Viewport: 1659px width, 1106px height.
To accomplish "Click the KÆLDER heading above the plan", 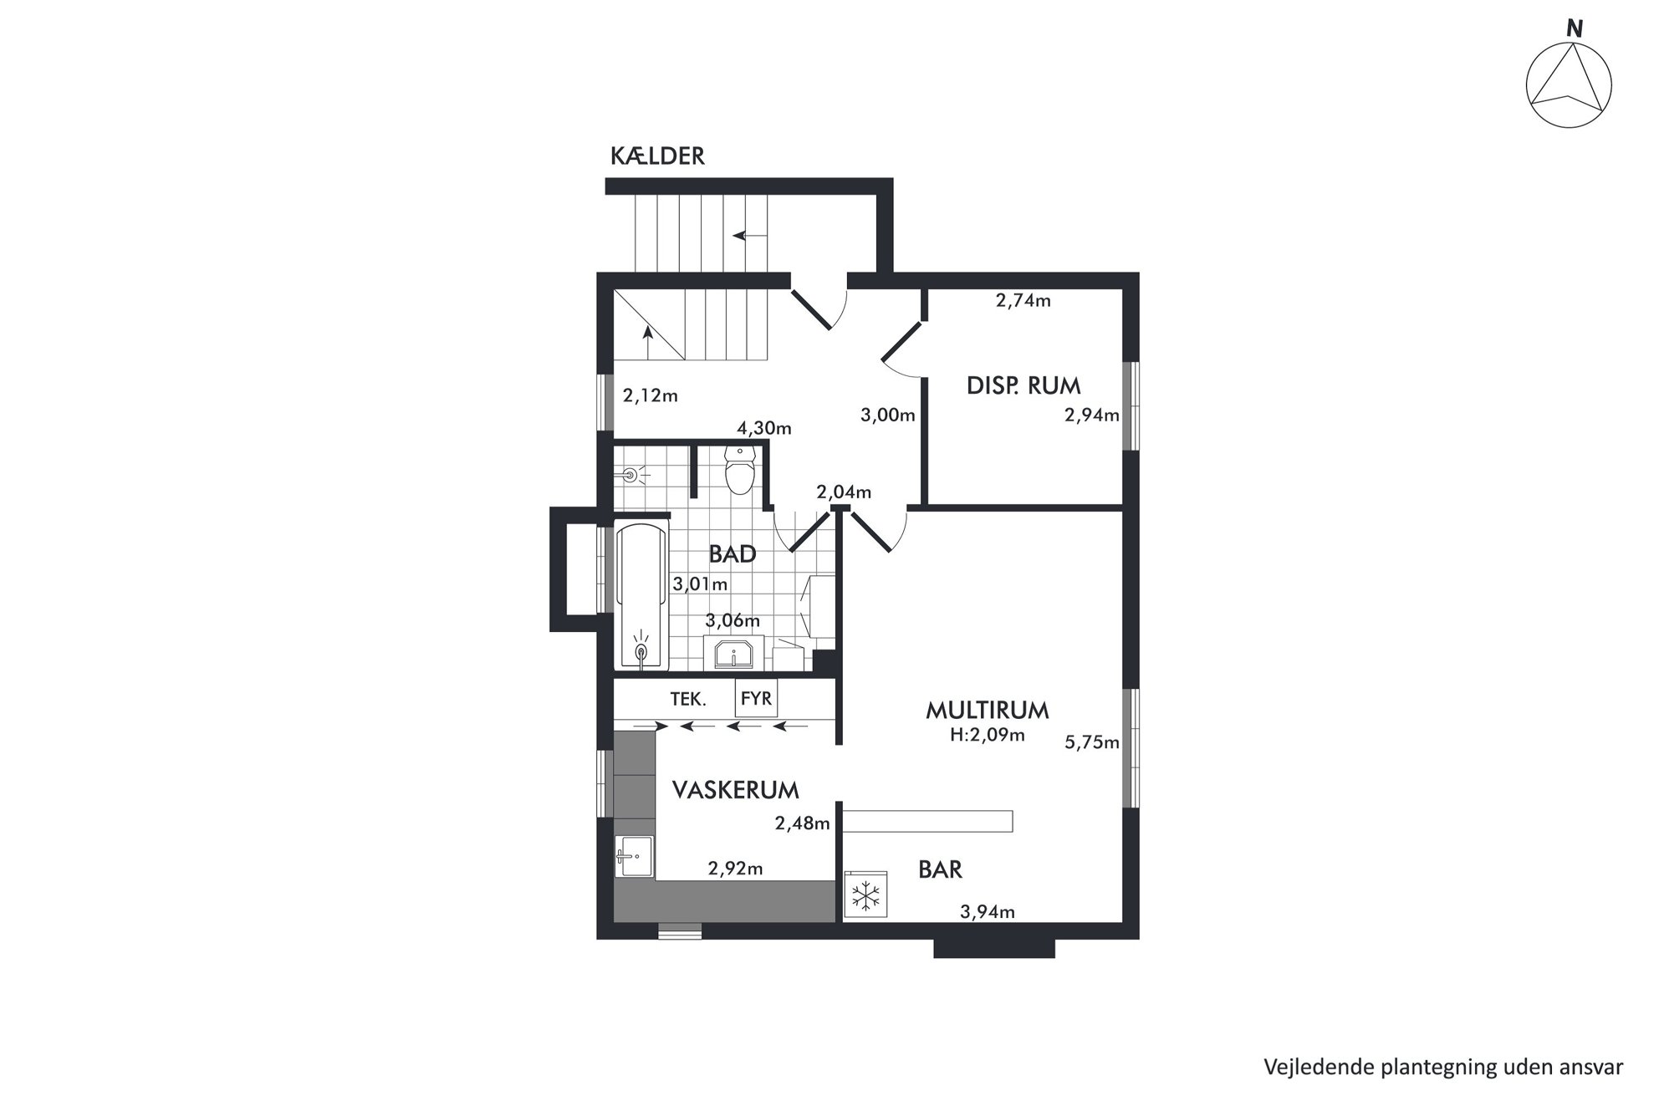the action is pos(657,156).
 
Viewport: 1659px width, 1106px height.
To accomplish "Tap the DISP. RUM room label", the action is pos(1023,385).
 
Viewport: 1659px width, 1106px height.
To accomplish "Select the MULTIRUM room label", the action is pos(987,711).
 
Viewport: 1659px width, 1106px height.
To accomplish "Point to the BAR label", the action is pos(940,869).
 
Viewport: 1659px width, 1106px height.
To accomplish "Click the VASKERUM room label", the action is pos(736,790).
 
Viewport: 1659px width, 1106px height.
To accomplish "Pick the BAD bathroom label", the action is pos(733,553).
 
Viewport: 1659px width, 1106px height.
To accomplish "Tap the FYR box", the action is pos(756,697).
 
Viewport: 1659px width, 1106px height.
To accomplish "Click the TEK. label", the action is pos(688,699).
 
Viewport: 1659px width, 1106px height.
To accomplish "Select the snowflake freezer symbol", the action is pos(866,896).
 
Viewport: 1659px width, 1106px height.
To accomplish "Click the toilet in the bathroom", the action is pos(739,469).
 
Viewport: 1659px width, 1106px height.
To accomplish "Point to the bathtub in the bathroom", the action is pos(642,596).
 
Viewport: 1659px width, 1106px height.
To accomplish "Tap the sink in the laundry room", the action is pos(634,856).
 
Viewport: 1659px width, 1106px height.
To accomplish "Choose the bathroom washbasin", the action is pos(733,653).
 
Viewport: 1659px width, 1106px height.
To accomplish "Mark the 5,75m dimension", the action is pos(1091,742).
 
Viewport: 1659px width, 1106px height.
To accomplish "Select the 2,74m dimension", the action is pos(1023,301).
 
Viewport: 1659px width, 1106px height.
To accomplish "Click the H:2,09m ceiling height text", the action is pos(987,736).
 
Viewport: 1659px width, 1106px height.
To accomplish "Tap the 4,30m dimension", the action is pos(763,429).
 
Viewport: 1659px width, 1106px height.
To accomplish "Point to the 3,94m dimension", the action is pos(987,912).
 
